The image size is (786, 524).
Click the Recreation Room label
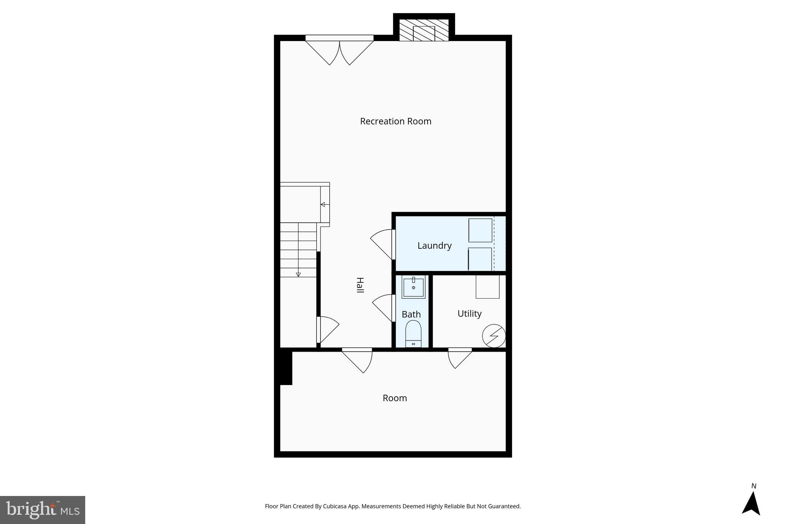click(396, 121)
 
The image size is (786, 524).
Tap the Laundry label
click(434, 246)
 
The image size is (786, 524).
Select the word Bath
click(411, 314)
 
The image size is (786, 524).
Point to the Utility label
click(469, 314)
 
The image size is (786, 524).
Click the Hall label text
click(360, 285)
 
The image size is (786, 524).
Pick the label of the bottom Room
click(395, 398)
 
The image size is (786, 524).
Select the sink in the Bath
click(413, 288)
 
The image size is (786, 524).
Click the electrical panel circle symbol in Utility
click(494, 336)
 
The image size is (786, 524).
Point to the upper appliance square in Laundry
click(480, 230)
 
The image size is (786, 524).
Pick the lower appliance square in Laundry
click(480, 259)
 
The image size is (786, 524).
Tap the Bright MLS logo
click(43, 510)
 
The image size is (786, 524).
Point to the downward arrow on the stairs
click(298, 274)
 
